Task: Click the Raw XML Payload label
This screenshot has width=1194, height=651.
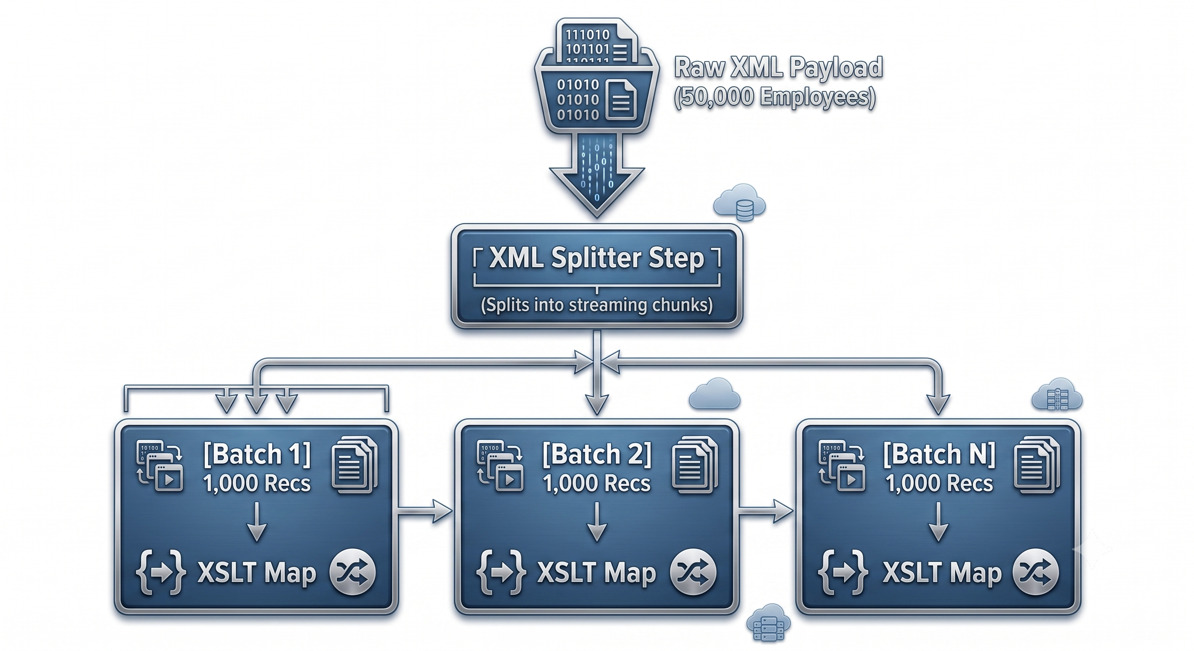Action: point(778,67)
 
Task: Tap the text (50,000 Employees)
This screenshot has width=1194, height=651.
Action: point(775,97)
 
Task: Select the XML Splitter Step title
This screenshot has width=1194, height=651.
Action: point(597,258)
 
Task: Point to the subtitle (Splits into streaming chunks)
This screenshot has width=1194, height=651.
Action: point(597,305)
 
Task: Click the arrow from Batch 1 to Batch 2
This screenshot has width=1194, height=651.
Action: point(424,511)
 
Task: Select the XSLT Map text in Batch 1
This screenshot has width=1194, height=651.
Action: point(257,573)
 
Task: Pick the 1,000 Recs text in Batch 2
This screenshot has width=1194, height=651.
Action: point(597,483)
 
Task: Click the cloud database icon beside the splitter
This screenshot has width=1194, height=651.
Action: point(740,203)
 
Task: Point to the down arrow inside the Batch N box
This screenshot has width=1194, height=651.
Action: point(939,522)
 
